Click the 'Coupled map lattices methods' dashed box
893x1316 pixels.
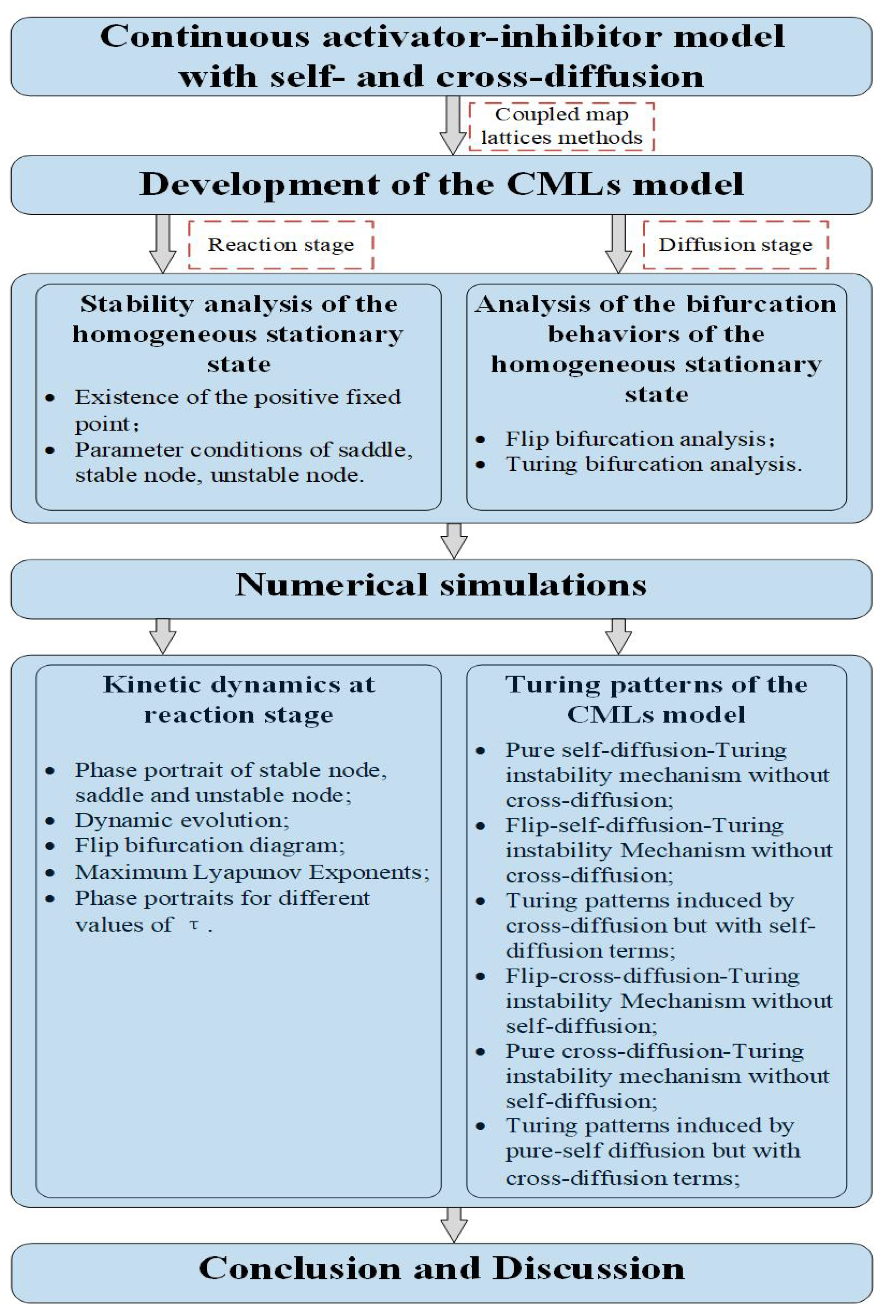(x=561, y=126)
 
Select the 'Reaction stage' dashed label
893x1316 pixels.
(x=281, y=245)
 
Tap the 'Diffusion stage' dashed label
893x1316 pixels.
(x=735, y=245)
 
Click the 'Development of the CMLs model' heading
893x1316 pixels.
(x=441, y=185)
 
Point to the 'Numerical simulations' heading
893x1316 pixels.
(x=441, y=585)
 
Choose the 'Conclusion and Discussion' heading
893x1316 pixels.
(x=441, y=1268)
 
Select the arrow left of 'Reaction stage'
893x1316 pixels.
(x=162, y=244)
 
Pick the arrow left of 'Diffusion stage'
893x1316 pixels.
(x=618, y=244)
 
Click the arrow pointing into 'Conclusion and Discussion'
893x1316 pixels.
(x=454, y=1225)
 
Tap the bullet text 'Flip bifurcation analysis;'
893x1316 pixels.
(x=640, y=439)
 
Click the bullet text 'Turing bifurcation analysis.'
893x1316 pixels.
(x=653, y=465)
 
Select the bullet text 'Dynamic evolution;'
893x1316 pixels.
(x=182, y=820)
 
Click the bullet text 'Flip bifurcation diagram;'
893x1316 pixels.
(x=210, y=846)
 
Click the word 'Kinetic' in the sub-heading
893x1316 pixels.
(x=145, y=685)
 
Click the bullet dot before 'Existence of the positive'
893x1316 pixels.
(x=50, y=398)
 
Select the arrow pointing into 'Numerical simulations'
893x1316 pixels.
(x=454, y=541)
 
